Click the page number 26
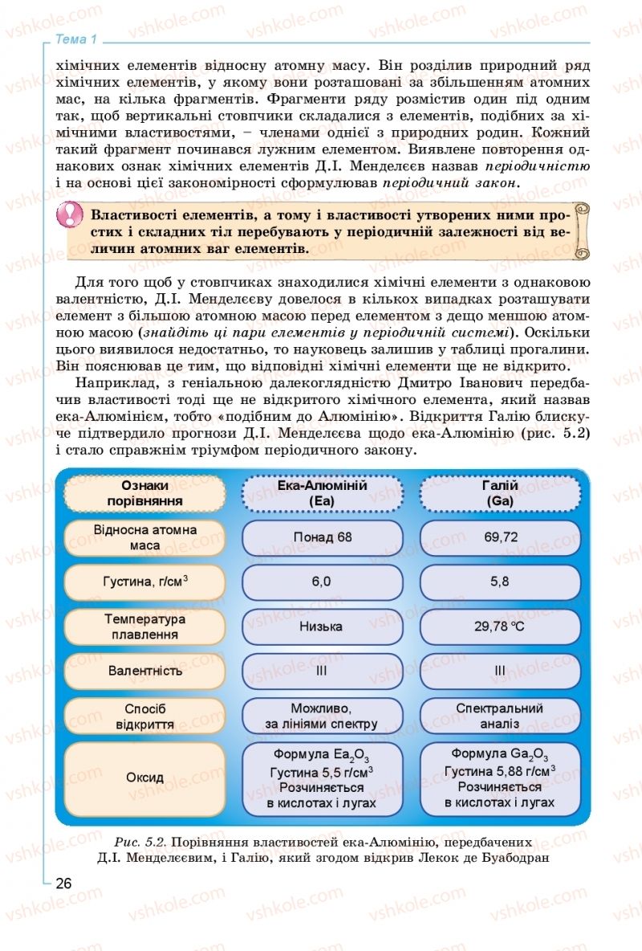coord(63,883)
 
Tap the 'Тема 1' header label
coord(77,39)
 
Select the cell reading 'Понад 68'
coord(322,537)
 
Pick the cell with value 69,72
coord(500,537)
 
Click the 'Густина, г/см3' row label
coord(145,582)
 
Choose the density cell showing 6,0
coord(322,582)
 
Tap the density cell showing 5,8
coord(500,582)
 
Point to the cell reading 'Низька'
coord(322,626)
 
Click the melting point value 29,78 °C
coord(500,626)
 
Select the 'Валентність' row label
coord(145,670)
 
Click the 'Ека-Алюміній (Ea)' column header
coord(322,492)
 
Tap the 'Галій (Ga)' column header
coord(500,492)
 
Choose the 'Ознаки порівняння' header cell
coord(145,492)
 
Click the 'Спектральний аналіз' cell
coord(500,716)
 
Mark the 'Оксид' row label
coord(145,778)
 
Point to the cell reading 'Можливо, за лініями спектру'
coord(322,716)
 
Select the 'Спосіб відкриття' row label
coord(145,716)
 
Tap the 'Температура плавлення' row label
coord(145,626)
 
